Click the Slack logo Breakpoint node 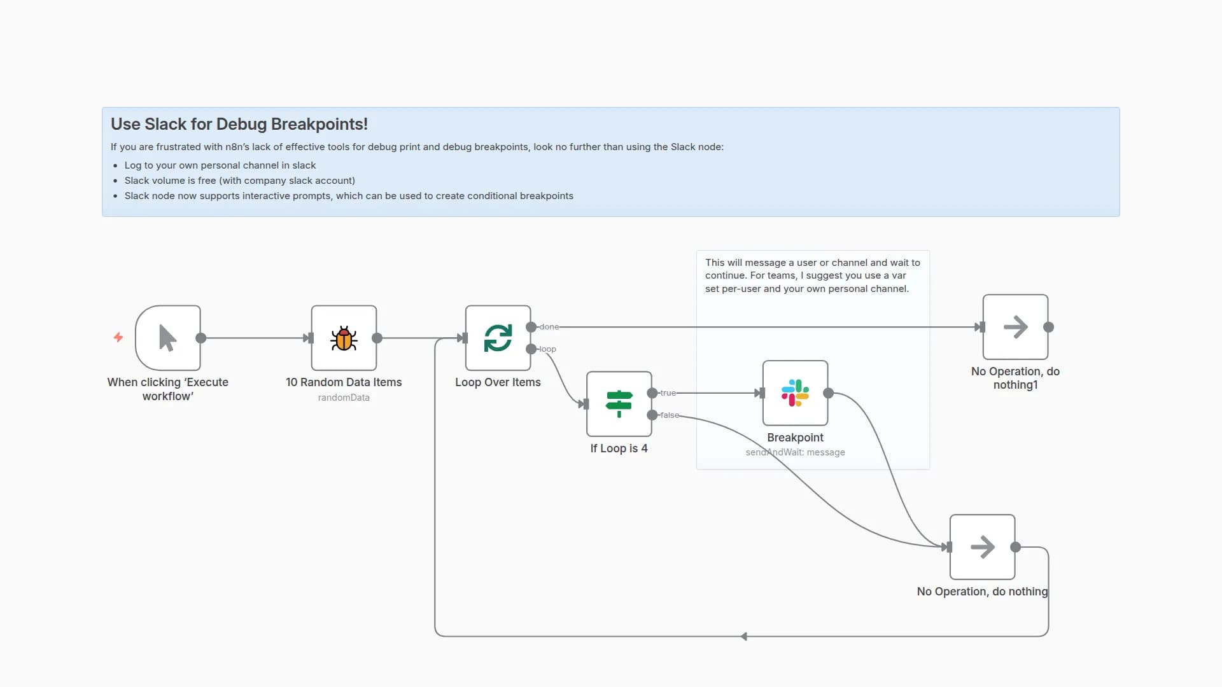795,393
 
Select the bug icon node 344,338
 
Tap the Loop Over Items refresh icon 498,338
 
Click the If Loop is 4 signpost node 619,404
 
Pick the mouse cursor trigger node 168,338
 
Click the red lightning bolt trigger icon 118,337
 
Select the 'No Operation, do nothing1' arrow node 1015,327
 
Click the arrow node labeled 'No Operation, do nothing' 982,547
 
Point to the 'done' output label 549,327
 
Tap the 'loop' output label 547,349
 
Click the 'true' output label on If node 668,393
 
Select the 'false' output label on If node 670,415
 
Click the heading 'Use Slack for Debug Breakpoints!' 239,124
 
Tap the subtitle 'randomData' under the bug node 344,398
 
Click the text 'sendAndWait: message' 795,452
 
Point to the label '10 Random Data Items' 344,382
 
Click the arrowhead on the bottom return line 744,636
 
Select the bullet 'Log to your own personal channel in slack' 220,165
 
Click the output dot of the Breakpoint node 828,393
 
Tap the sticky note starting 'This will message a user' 813,275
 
